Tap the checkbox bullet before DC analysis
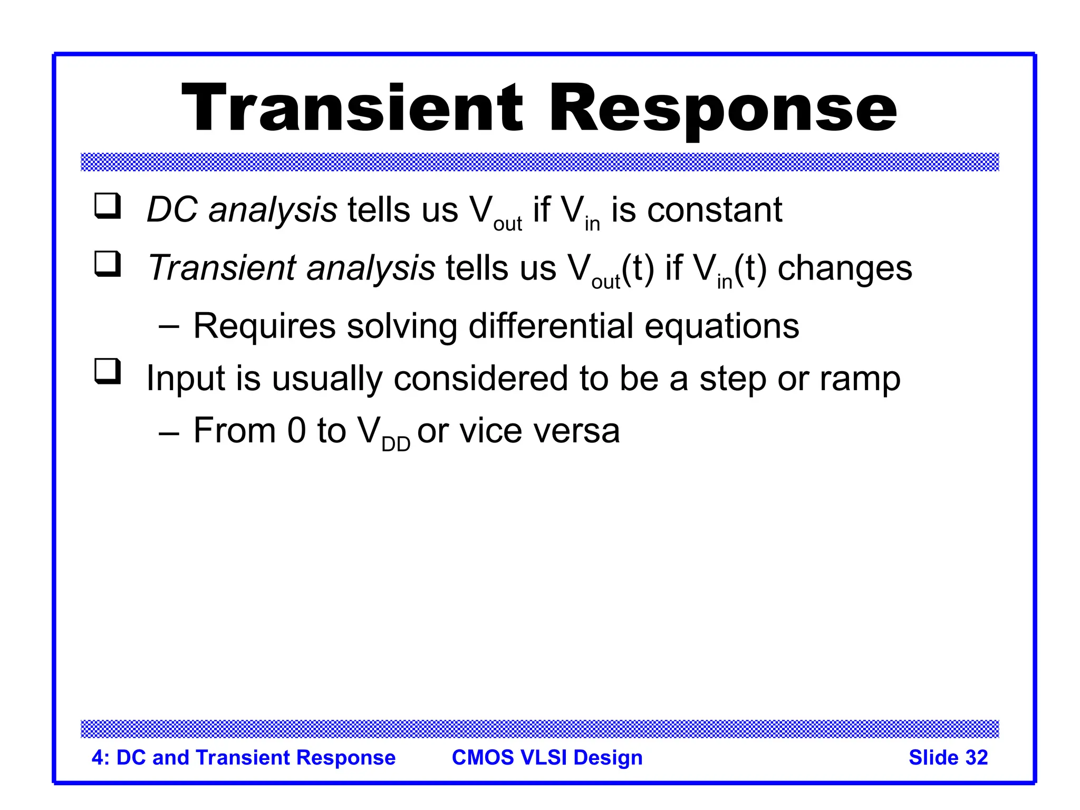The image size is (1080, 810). tap(108, 206)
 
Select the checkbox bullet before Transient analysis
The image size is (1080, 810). tap(108, 264)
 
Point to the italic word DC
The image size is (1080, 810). tap(172, 210)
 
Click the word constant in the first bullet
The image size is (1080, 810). tap(715, 210)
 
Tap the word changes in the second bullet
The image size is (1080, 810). tap(844, 268)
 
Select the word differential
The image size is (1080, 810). tap(551, 326)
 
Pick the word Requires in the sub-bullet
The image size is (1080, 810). tap(264, 326)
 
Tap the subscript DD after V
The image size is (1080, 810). tap(396, 445)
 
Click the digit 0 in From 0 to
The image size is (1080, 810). tap(296, 430)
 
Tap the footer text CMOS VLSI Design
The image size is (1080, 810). tap(547, 757)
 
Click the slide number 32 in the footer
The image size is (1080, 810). tap(976, 757)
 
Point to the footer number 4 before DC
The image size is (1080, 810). tap(97, 757)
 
